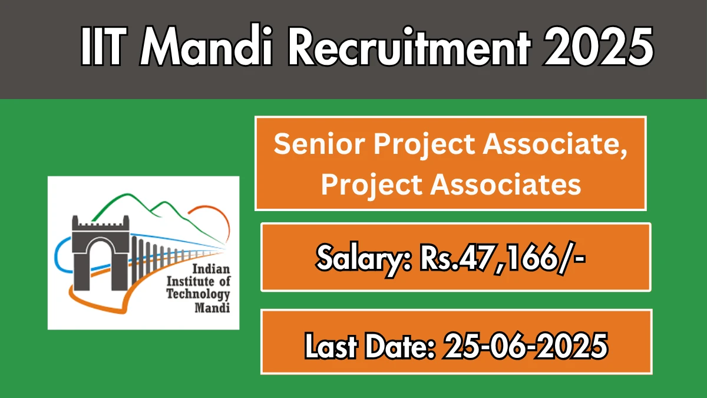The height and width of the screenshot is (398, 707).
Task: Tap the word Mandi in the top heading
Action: click(206, 45)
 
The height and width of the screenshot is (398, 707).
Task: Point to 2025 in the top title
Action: click(598, 47)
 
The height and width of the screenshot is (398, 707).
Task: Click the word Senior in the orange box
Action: click(319, 144)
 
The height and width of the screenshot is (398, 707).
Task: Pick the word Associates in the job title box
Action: click(506, 185)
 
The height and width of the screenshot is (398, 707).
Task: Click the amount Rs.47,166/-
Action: click(503, 258)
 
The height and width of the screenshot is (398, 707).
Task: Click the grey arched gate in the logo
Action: click(100, 253)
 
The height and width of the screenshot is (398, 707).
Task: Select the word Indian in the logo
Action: click(211, 269)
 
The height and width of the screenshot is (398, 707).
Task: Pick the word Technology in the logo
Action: click(198, 294)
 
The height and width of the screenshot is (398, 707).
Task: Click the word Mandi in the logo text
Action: click(212, 307)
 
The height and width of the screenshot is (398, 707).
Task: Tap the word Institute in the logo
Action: click(185, 281)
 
